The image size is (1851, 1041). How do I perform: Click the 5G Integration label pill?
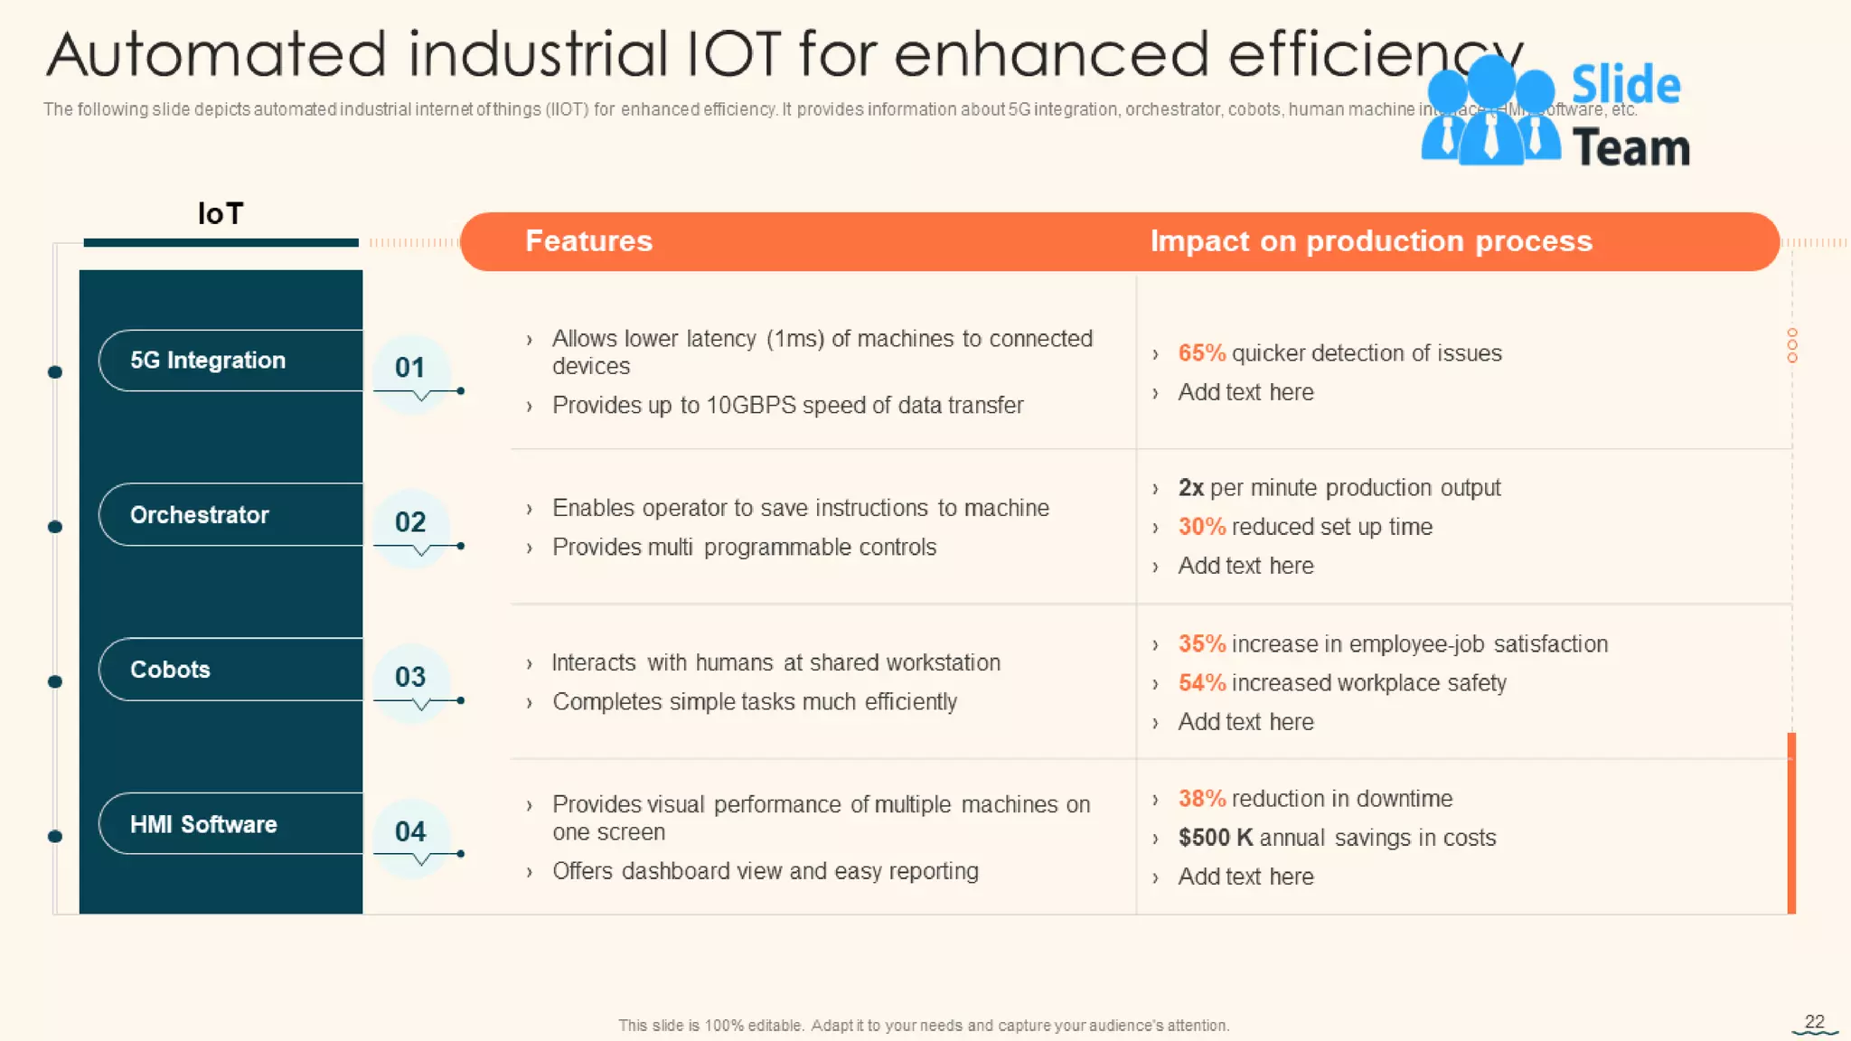pyautogui.click(x=208, y=361)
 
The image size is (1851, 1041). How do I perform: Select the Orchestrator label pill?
pyautogui.click(x=200, y=515)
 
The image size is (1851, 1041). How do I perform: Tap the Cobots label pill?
pyautogui.click(x=170, y=670)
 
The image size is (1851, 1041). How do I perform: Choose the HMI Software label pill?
pyautogui.click(x=203, y=824)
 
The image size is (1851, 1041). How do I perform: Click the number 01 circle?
pyautogui.click(x=410, y=368)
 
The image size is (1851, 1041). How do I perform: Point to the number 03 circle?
pyautogui.click(x=410, y=677)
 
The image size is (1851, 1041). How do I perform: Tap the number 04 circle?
pyautogui.click(x=410, y=831)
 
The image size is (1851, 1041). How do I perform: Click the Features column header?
pyautogui.click(x=588, y=241)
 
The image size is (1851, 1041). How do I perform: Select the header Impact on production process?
pyautogui.click(x=1370, y=241)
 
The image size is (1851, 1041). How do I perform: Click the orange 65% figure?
pyautogui.click(x=1201, y=353)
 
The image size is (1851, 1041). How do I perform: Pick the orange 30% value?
pyautogui.click(x=1201, y=527)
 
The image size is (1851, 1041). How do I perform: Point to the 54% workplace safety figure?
pyautogui.click(x=1201, y=683)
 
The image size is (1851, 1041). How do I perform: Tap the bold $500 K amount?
pyautogui.click(x=1215, y=838)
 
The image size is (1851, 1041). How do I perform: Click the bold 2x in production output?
pyautogui.click(x=1190, y=488)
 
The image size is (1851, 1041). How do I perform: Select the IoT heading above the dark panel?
pyautogui.click(x=221, y=214)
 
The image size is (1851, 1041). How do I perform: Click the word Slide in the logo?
pyautogui.click(x=1625, y=86)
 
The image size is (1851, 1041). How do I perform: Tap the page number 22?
pyautogui.click(x=1814, y=1021)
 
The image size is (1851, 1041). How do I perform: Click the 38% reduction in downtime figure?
pyautogui.click(x=1201, y=799)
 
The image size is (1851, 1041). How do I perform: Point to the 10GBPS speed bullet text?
pyautogui.click(x=787, y=406)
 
